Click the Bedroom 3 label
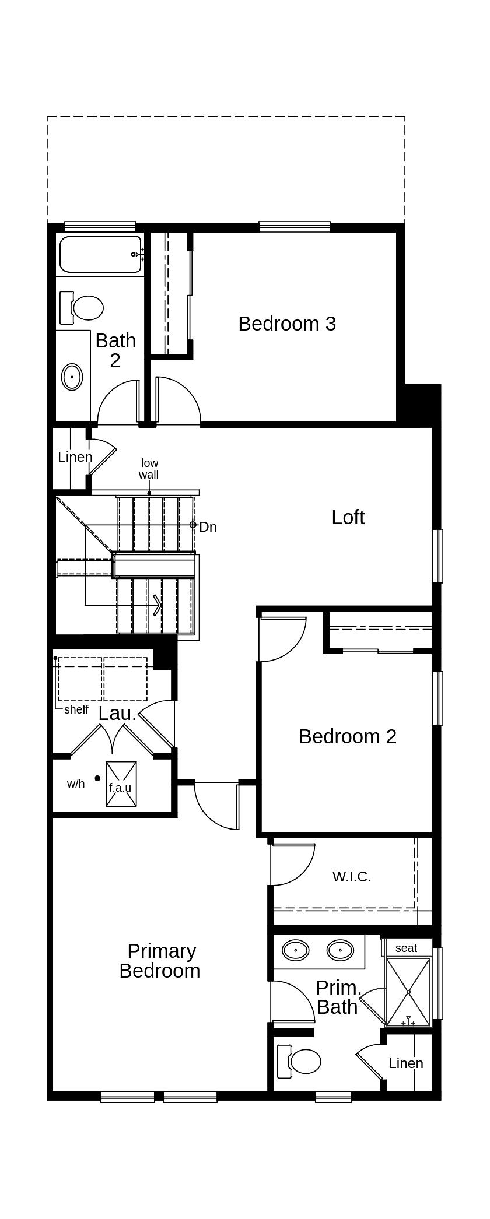tap(287, 324)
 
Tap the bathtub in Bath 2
tap(100, 254)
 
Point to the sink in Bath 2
tap(72, 377)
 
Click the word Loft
tap(348, 517)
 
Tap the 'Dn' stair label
tap(208, 527)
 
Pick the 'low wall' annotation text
tap(149, 469)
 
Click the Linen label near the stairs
tap(75, 457)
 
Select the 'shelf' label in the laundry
tap(76, 709)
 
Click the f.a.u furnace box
tap(121, 785)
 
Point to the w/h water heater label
tap(76, 784)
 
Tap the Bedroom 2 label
tap(348, 736)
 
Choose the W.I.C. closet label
tap(352, 877)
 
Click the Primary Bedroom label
tap(160, 961)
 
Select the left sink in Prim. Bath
tap(296, 950)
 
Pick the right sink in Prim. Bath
tap(340, 950)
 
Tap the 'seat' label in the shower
tap(406, 948)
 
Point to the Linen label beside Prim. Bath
tap(406, 1063)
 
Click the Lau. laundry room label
tap(117, 713)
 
